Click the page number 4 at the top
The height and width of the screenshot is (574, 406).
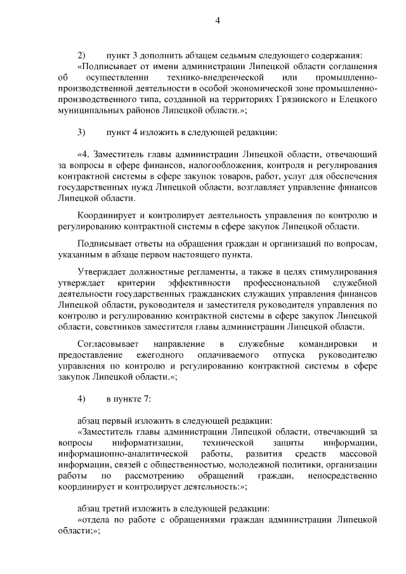217,20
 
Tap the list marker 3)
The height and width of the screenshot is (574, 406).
81,132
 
